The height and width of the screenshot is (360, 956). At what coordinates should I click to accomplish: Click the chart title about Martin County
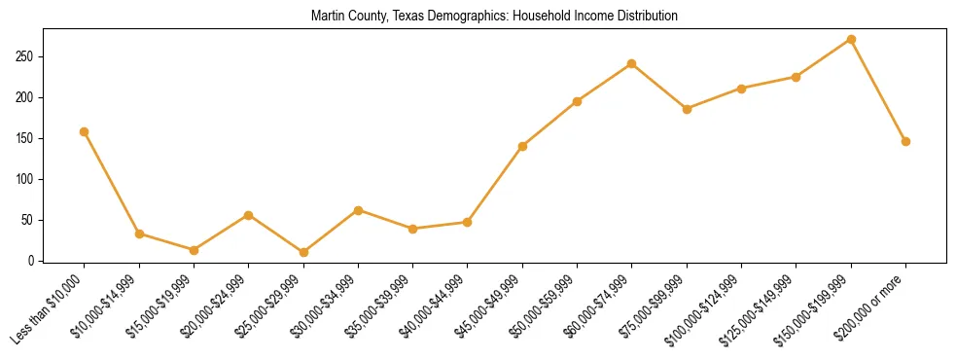click(x=494, y=17)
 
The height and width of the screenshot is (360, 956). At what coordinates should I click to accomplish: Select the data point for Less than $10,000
click(x=85, y=131)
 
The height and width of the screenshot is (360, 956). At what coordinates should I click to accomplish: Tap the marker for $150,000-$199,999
click(x=851, y=40)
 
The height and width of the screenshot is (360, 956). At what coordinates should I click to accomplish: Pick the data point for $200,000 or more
click(x=905, y=141)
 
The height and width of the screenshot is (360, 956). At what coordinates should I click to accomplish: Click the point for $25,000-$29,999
click(x=303, y=252)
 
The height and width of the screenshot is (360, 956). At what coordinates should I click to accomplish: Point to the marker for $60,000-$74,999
click(x=632, y=64)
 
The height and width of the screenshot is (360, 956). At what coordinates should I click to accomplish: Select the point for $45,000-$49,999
click(x=522, y=146)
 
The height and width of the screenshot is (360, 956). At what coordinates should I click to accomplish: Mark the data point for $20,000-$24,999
click(x=249, y=215)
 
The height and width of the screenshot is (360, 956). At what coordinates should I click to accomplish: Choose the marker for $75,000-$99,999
click(x=687, y=109)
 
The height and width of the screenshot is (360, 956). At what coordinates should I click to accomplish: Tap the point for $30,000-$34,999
click(x=358, y=210)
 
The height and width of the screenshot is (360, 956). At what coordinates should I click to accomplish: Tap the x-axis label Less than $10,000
click(x=48, y=308)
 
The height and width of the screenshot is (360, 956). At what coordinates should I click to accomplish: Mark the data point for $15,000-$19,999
click(x=194, y=250)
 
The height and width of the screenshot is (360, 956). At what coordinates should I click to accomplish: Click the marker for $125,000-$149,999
click(x=797, y=77)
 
